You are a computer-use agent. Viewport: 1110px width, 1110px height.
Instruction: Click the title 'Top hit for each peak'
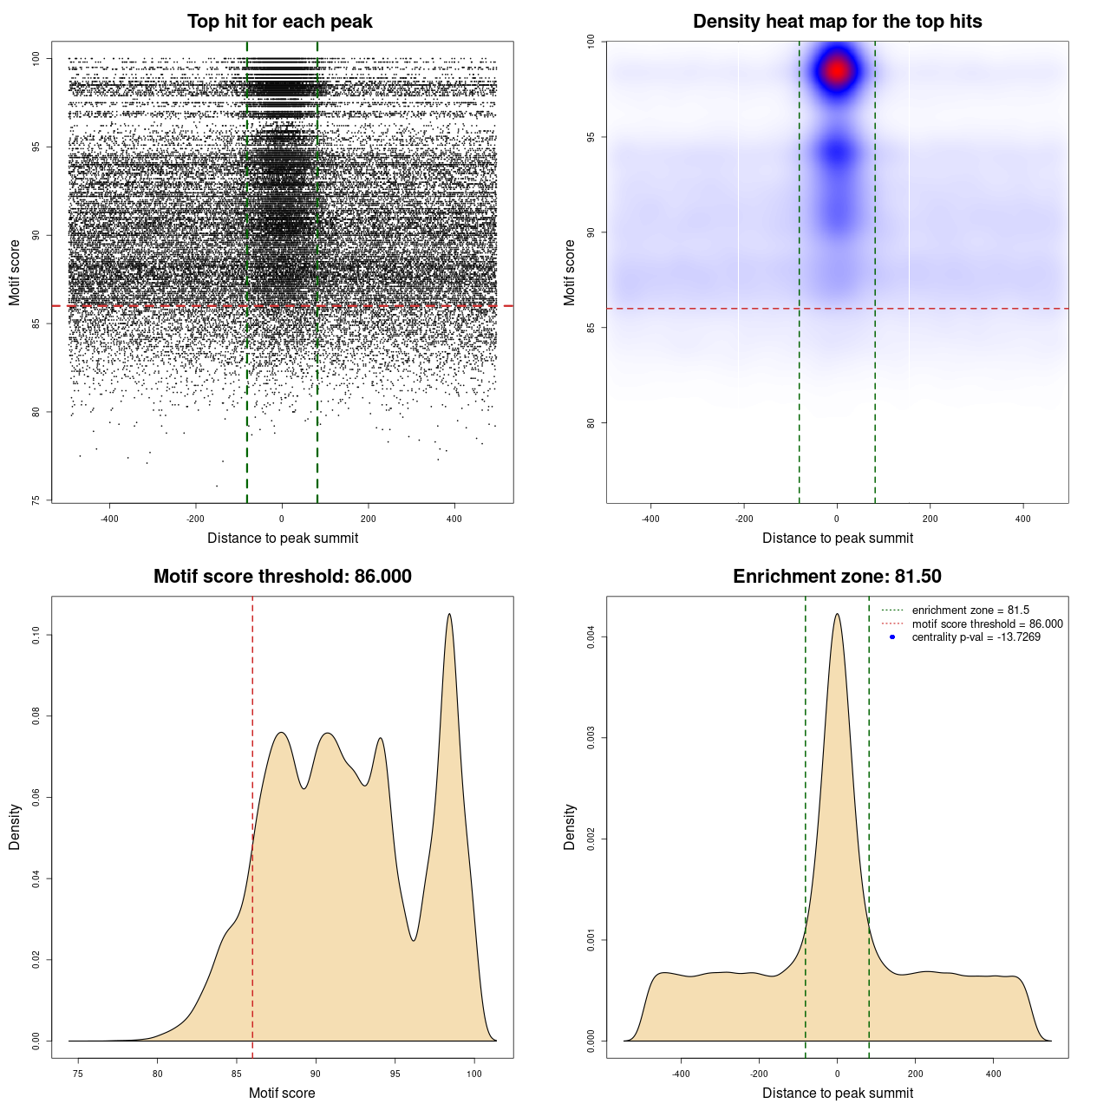(x=279, y=22)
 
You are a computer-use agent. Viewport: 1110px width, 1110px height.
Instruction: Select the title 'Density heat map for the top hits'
(x=837, y=22)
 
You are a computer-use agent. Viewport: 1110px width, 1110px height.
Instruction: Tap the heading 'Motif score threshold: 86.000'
(x=282, y=577)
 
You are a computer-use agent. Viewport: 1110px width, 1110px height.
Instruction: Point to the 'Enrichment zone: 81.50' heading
(x=837, y=577)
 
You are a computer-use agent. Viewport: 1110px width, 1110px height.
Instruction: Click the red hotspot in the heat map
(x=837, y=70)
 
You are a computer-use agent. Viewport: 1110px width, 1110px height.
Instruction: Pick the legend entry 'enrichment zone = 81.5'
(x=970, y=610)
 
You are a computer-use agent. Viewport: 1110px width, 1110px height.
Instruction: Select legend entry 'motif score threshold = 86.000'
(x=987, y=624)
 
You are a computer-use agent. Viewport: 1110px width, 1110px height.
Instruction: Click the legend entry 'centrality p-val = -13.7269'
(x=976, y=637)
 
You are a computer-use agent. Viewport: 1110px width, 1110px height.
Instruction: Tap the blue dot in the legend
(x=892, y=637)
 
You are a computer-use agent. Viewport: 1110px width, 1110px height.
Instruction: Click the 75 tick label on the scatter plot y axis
(x=36, y=500)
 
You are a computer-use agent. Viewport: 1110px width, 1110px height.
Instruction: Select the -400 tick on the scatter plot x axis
(x=109, y=519)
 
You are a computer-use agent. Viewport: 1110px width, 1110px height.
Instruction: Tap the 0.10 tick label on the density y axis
(x=36, y=636)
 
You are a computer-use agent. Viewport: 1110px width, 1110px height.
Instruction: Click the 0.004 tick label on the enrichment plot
(x=591, y=637)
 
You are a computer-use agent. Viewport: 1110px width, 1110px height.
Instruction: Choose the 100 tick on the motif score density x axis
(x=474, y=1074)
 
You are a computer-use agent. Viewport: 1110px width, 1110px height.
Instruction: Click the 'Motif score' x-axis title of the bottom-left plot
(x=282, y=1093)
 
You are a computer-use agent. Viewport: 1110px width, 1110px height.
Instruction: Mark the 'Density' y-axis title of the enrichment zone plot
(x=570, y=826)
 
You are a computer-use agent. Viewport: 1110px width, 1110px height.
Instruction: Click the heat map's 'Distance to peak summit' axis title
(x=837, y=538)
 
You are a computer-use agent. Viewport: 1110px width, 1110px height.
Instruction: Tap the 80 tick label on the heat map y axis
(x=591, y=423)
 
